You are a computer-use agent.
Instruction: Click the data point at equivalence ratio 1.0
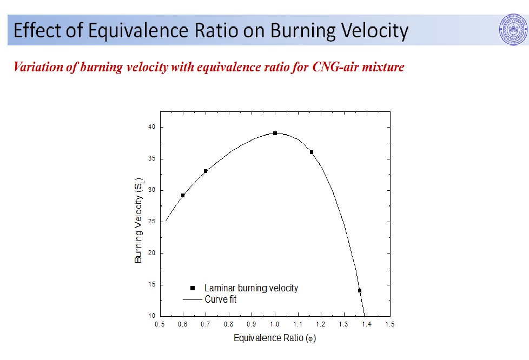point(275,133)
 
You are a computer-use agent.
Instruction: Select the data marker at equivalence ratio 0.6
point(183,195)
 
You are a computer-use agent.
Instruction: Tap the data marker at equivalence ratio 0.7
point(206,171)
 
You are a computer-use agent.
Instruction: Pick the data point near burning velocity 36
point(312,152)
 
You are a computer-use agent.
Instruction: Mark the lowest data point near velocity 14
point(359,290)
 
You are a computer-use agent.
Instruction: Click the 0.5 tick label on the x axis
point(160,324)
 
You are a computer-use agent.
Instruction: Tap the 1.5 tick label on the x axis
point(389,324)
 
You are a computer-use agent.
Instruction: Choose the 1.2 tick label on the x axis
point(321,324)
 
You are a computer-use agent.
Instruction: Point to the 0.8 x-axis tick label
point(229,324)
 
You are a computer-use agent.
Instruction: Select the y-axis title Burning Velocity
point(138,220)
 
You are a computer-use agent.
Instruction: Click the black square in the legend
point(192,288)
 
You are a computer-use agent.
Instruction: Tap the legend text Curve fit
point(220,299)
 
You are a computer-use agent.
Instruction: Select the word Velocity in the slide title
point(368,31)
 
